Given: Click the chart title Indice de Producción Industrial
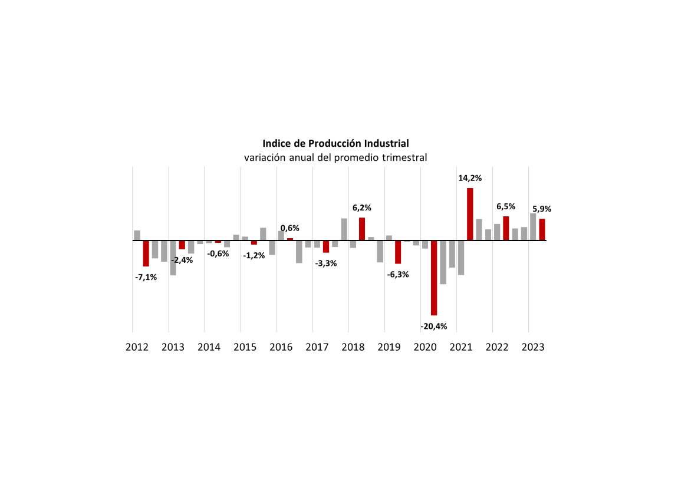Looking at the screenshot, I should tap(335, 143).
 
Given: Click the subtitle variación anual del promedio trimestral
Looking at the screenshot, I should tap(335, 158).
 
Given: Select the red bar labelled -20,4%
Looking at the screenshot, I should tap(434, 278).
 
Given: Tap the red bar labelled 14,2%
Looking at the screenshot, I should tap(470, 214).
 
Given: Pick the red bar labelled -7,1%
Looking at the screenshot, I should tap(146, 253).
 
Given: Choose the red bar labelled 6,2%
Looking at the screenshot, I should tap(362, 229).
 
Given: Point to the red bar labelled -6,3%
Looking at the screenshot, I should tap(398, 252).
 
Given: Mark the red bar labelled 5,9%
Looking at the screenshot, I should tap(542, 229).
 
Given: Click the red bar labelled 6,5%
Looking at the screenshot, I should tap(506, 228).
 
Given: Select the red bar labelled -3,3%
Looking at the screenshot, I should tap(326, 246).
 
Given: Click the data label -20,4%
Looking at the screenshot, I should tap(434, 326).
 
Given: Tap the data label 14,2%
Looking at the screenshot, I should tap(470, 177).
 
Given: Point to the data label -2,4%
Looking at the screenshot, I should tap(182, 260).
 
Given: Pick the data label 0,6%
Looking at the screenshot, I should tap(289, 228).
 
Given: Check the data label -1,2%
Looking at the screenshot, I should tap(254, 255).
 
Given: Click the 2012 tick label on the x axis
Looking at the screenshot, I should tap(137, 347).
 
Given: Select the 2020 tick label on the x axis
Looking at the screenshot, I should tap(424, 347).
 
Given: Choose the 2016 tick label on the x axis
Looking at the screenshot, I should tap(281, 347).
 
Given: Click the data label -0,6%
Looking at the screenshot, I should tap(218, 253).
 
